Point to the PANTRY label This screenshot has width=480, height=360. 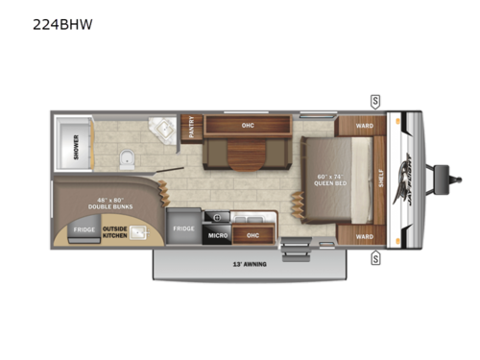pos(190,127)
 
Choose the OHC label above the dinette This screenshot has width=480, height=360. pos(248,124)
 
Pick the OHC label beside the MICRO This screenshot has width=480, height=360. pos(252,234)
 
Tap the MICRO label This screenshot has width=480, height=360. pos(218,234)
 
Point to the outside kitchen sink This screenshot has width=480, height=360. pos(138,232)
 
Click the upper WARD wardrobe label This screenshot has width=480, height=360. pos(364,124)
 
